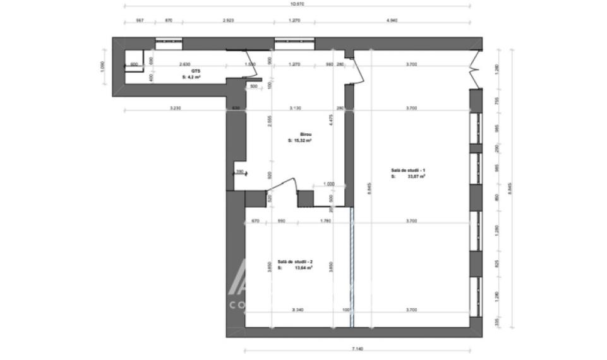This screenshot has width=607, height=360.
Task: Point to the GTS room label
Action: click(x=188, y=71)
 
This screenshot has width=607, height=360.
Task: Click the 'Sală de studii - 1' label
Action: click(x=407, y=171)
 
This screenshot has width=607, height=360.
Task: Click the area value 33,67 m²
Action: click(x=416, y=177)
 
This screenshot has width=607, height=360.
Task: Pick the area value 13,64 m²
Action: click(x=304, y=268)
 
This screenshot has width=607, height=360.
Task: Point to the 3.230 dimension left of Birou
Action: click(x=176, y=109)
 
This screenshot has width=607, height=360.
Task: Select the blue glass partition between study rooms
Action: click(x=352, y=265)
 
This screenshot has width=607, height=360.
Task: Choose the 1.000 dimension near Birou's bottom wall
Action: click(x=328, y=184)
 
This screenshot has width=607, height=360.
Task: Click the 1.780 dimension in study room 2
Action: click(x=326, y=221)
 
